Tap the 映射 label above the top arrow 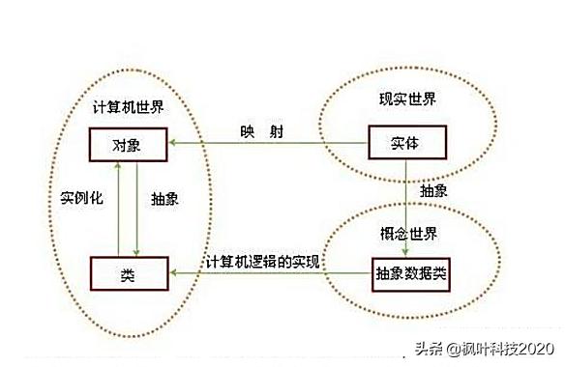[261, 131]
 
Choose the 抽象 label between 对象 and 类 [165, 198]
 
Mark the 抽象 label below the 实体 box [433, 191]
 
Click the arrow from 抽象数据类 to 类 [271, 274]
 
